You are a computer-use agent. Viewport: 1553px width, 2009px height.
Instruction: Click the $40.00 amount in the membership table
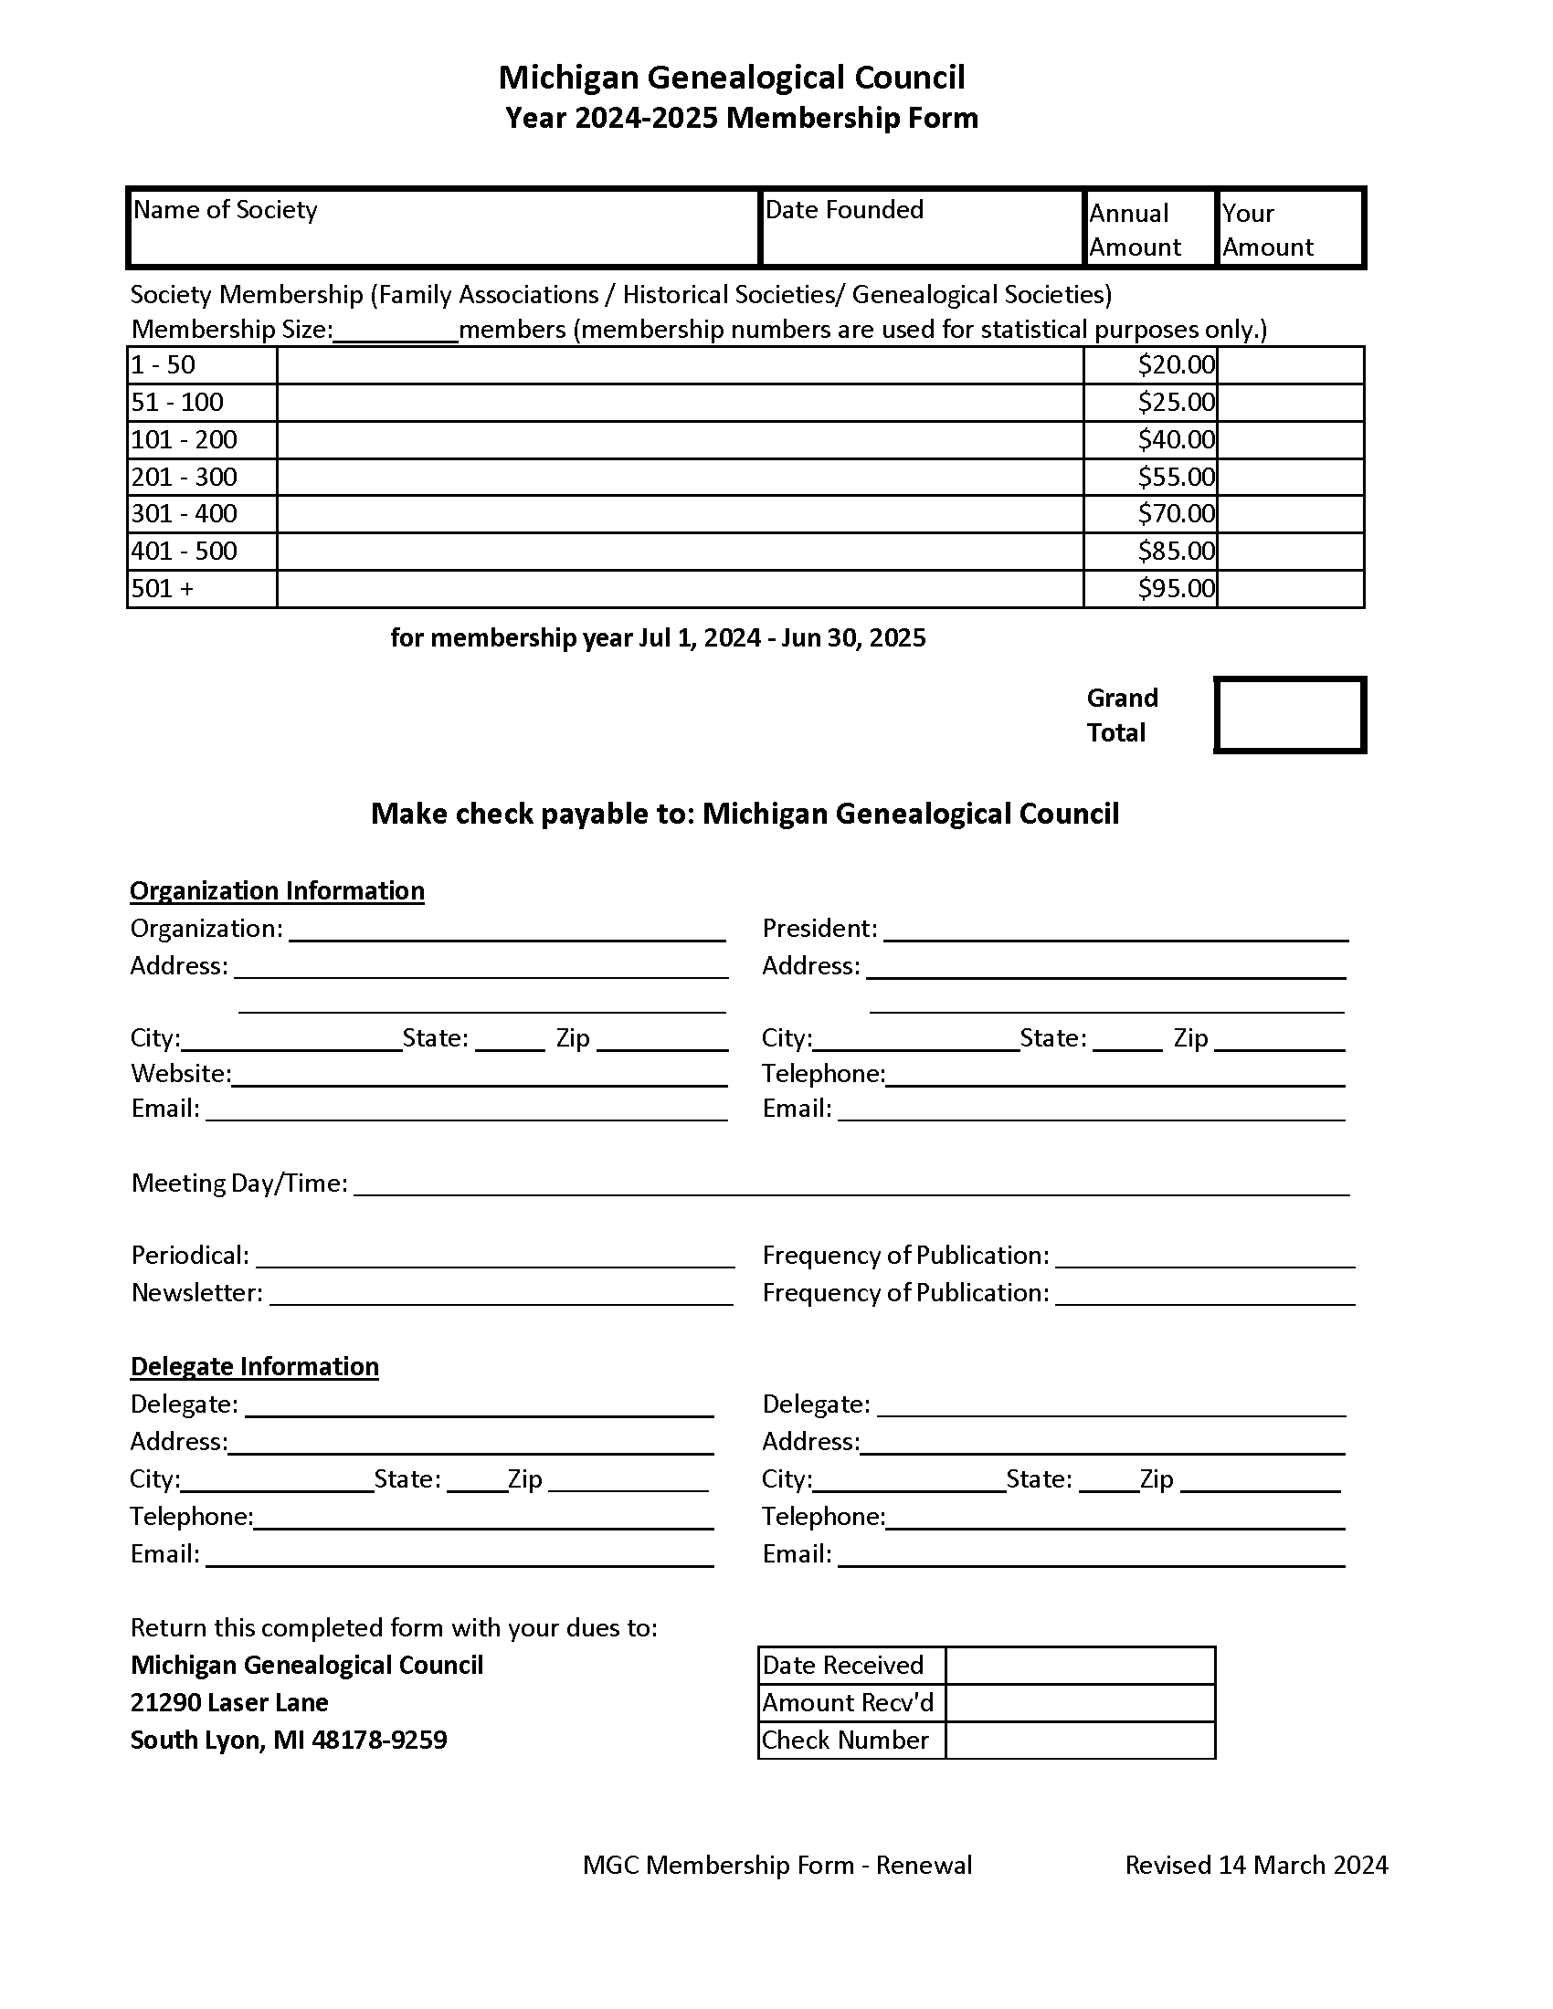click(x=1175, y=440)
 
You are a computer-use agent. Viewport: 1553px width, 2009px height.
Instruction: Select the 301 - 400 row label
click(x=184, y=513)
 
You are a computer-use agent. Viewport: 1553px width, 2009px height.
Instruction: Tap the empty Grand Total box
click(x=1289, y=715)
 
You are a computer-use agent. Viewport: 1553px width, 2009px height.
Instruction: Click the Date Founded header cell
click(x=844, y=210)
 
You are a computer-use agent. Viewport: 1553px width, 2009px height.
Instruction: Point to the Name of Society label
click(x=226, y=210)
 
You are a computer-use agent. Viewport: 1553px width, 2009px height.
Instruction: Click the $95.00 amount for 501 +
click(x=1175, y=588)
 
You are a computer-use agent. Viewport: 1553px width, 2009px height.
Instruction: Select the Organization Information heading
click(x=277, y=890)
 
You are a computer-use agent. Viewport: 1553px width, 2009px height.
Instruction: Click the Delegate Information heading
click(x=254, y=1366)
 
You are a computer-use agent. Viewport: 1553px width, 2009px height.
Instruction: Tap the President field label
click(x=819, y=928)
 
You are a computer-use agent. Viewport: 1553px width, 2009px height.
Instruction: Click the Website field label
click(x=180, y=1074)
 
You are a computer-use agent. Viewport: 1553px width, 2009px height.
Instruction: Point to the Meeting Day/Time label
click(x=239, y=1183)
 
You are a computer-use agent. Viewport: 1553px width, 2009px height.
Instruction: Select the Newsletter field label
click(x=197, y=1292)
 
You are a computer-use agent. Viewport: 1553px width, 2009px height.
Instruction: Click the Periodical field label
click(x=189, y=1256)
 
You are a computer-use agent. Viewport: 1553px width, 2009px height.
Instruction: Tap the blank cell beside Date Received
click(x=1080, y=1665)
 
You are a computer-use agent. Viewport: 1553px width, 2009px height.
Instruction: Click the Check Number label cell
click(x=846, y=1740)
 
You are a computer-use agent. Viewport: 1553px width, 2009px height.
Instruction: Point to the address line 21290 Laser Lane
click(x=229, y=1702)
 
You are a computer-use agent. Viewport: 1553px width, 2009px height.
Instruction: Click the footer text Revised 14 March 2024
click(x=1256, y=1865)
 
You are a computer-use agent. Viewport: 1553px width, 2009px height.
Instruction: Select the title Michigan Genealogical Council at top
click(x=732, y=78)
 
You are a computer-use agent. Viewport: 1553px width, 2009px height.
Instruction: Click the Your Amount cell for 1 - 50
click(x=1290, y=365)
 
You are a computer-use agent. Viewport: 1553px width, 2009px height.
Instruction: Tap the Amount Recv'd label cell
click(x=848, y=1703)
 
